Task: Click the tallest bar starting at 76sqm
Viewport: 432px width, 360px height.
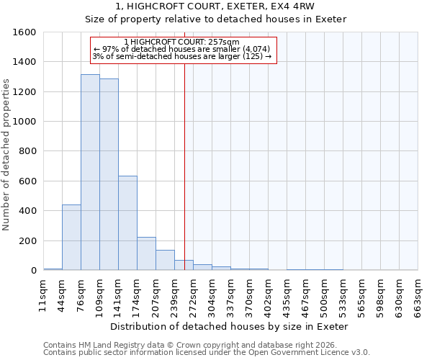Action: pyautogui.click(x=90, y=173)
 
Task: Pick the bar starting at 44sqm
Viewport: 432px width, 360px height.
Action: pyautogui.click(x=71, y=238)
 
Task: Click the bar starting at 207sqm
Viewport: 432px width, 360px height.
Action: pyautogui.click(x=165, y=260)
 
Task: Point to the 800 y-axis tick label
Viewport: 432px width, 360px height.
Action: pyautogui.click(x=27, y=152)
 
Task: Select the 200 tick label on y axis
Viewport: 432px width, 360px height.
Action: pyautogui.click(x=27, y=241)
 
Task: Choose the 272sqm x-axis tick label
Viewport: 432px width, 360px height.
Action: pyautogui.click(x=193, y=293)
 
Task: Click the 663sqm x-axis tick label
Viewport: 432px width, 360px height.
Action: pyautogui.click(x=418, y=293)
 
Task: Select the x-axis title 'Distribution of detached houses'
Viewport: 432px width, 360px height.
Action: pyautogui.click(x=230, y=326)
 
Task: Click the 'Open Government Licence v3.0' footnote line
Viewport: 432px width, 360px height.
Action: pyautogui.click(x=207, y=352)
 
